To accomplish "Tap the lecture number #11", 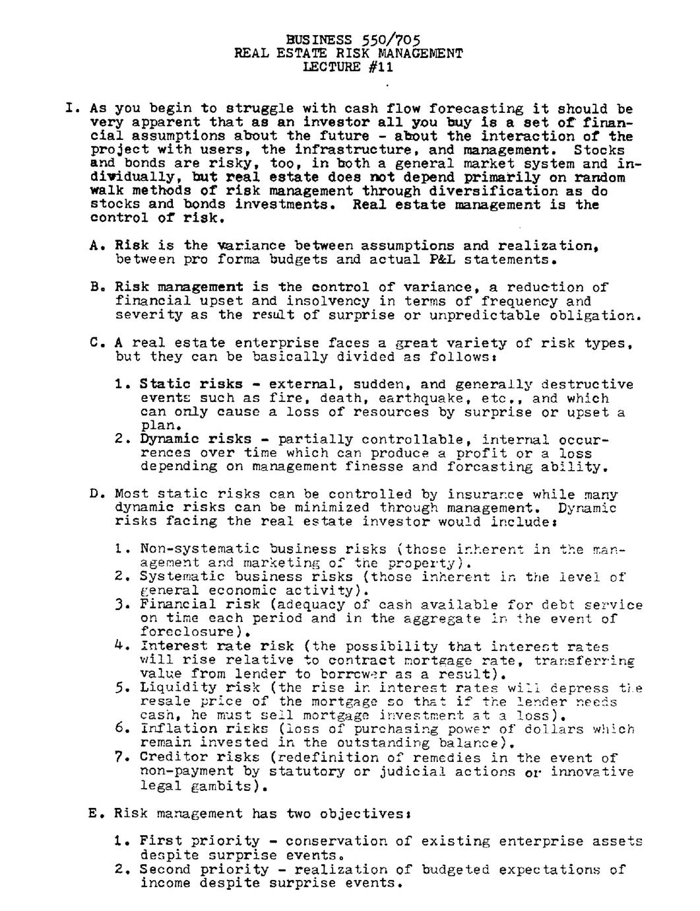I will coord(381,67).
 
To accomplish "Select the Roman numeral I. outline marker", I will coord(73,108).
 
